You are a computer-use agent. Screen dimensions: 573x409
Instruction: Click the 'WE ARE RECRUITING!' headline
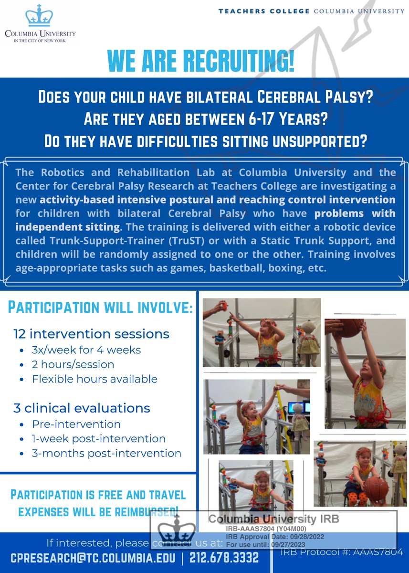tap(201, 61)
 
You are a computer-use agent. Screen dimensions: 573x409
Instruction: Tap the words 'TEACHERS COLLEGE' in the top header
tap(264, 11)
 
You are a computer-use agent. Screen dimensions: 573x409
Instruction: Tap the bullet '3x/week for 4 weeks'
tap(86, 350)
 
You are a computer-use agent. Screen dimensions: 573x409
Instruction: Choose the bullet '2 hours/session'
tap(73, 364)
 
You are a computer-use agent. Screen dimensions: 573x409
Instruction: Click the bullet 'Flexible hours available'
tap(94, 379)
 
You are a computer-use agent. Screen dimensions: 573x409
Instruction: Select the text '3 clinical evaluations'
tap(82, 408)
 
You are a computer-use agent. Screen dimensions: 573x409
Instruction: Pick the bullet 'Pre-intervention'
tap(76, 424)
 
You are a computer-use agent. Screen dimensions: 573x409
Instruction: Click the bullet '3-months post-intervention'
tap(106, 453)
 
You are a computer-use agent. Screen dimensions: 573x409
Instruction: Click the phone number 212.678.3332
tap(224, 557)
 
